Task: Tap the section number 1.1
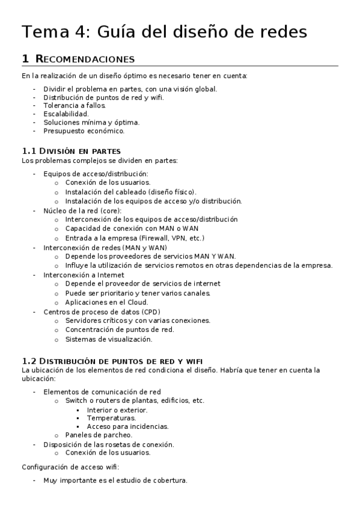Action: [29, 150]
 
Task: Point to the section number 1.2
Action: [29, 360]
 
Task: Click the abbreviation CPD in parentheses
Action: [151, 312]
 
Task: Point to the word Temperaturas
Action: [111, 417]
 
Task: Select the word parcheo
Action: [118, 435]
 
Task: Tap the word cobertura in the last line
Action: [171, 481]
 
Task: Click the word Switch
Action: [77, 401]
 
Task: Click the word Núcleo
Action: [55, 210]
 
